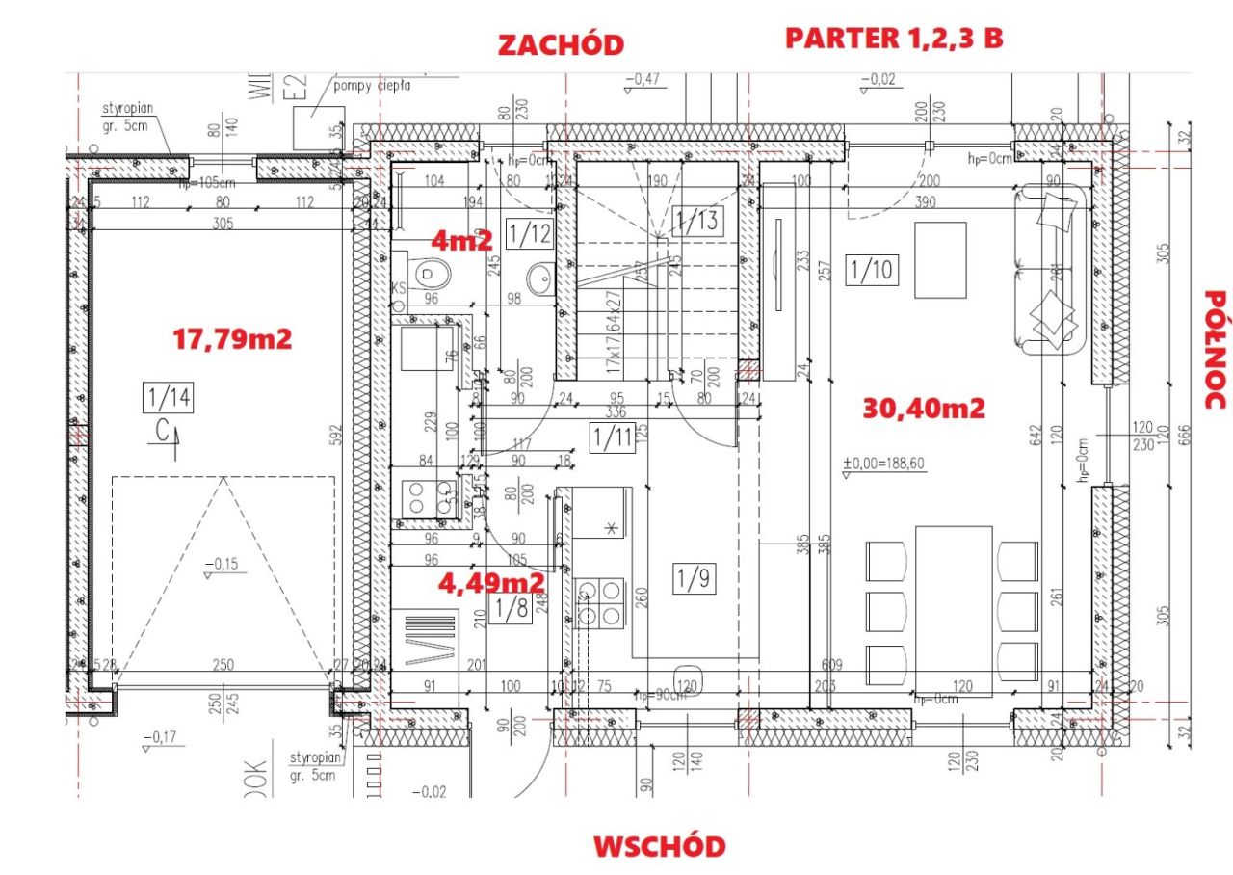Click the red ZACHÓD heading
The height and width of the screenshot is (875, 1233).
(x=560, y=44)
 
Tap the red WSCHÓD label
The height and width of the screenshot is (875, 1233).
(x=659, y=846)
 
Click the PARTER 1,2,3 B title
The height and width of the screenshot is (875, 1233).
(x=895, y=38)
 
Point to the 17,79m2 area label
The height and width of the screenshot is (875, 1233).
(x=232, y=338)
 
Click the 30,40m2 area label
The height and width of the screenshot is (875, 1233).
(x=924, y=409)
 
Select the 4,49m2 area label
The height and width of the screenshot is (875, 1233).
(x=491, y=582)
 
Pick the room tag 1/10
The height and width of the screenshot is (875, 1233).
(x=872, y=271)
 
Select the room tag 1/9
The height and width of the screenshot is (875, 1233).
(x=693, y=578)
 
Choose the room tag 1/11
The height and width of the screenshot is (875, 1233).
(x=610, y=438)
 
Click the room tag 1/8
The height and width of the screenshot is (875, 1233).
(x=510, y=609)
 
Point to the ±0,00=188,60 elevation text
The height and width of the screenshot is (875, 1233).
(x=883, y=464)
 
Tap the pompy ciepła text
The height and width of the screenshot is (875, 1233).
(x=372, y=85)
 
